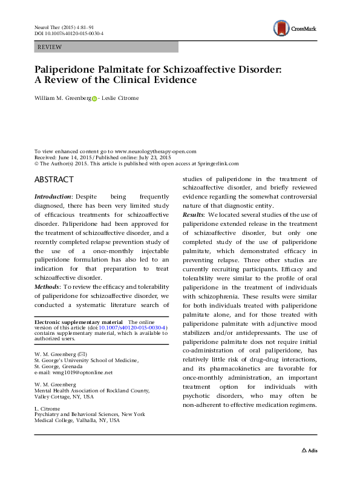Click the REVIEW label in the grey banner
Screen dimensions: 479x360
(x=50, y=47)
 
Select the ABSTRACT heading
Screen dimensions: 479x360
(x=54, y=179)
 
